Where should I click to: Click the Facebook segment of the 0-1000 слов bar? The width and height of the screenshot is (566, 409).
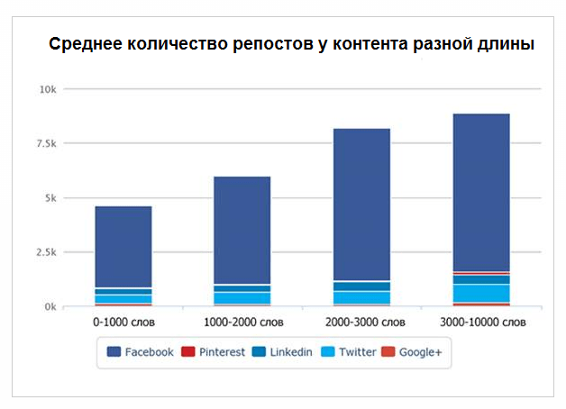[123, 247]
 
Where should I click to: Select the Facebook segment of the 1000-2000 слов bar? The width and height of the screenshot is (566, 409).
[242, 230]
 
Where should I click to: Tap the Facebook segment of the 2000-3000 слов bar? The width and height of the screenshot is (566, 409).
[361, 204]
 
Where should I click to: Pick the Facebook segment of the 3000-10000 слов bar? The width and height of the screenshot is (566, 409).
[480, 192]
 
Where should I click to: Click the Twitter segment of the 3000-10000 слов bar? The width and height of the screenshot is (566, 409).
[480, 293]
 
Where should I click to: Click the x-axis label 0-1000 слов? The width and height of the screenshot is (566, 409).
[123, 322]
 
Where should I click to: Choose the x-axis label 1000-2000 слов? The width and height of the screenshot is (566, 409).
[242, 322]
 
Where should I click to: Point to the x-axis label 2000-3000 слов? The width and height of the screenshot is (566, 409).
[361, 322]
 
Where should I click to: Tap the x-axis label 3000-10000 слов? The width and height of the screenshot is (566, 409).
[480, 322]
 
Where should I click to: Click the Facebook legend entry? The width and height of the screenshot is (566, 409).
[141, 352]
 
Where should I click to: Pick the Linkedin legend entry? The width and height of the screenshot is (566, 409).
[282, 352]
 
